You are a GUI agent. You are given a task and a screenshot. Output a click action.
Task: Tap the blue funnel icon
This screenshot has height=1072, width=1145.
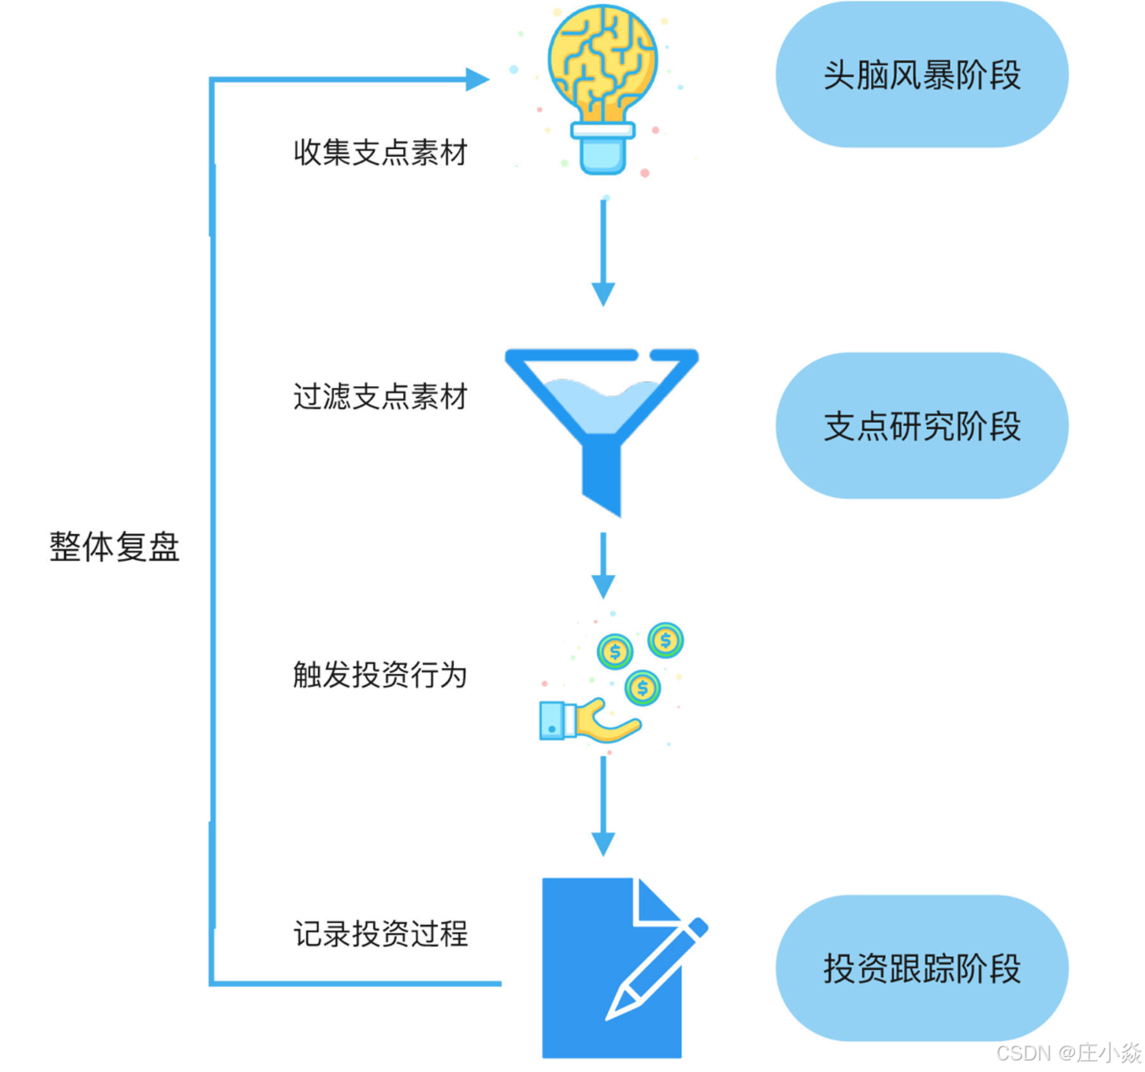point(602,416)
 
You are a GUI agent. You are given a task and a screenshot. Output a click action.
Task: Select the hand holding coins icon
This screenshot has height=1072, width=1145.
point(611,687)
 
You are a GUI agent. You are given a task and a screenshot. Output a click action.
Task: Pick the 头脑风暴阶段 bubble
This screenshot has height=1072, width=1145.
point(922,74)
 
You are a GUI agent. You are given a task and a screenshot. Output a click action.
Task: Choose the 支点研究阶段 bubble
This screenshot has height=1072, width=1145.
point(922,426)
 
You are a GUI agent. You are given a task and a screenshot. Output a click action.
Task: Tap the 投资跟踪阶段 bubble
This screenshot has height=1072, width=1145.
point(922,967)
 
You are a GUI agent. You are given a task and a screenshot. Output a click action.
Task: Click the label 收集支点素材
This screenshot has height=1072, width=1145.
point(380,152)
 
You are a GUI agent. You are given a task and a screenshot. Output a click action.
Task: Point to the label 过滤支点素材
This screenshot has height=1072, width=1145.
point(380,396)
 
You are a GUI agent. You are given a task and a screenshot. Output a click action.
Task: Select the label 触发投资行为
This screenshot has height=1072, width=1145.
point(380,674)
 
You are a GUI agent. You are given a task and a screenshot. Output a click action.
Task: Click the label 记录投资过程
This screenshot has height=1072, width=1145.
point(380,933)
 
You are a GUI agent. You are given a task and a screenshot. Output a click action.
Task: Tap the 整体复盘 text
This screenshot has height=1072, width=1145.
point(114,546)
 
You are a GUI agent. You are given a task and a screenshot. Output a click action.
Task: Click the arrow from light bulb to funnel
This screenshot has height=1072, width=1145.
point(604,252)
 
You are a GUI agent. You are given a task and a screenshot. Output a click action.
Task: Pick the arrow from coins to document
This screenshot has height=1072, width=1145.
point(604,806)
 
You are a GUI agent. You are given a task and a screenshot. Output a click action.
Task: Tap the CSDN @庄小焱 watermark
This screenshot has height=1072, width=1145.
point(1069,1053)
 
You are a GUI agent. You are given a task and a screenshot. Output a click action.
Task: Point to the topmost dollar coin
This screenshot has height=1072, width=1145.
point(666,640)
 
